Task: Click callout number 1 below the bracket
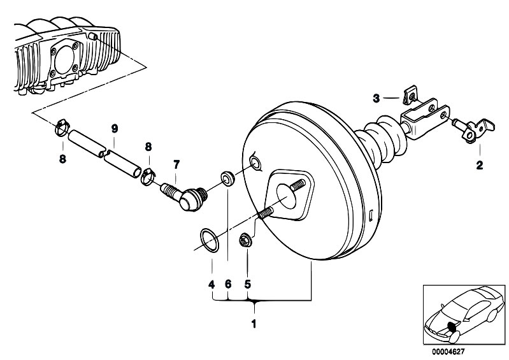pos(254,324)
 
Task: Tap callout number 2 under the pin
pos(480,165)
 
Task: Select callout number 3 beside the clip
pos(376,98)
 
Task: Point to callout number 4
pos(211,285)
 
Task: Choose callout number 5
pos(248,285)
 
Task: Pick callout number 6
pos(228,284)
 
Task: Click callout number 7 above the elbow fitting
pos(176,165)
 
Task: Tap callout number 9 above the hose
pos(114,129)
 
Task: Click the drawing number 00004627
pos(448,352)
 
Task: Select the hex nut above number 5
pos(245,241)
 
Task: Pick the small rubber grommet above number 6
pos(228,178)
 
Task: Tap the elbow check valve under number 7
pos(184,196)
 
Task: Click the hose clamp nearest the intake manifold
pos(62,127)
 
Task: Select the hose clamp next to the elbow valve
pos(148,176)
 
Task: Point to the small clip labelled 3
pos(410,95)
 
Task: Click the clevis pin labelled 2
pos(473,130)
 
